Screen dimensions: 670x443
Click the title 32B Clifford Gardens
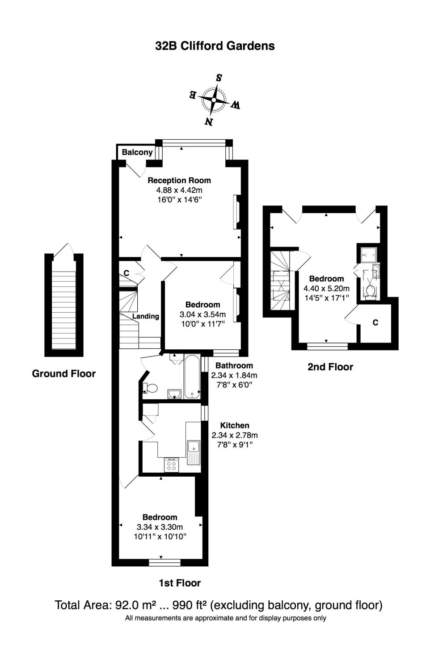click(x=215, y=46)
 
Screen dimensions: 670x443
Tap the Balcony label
click(x=137, y=152)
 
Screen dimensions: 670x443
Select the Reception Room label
click(x=179, y=180)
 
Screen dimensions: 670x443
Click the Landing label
click(x=146, y=316)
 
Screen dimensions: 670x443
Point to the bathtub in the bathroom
click(x=193, y=376)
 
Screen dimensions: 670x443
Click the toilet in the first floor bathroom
click(x=151, y=388)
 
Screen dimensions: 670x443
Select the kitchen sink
click(x=194, y=446)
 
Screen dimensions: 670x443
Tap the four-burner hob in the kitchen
click(x=171, y=465)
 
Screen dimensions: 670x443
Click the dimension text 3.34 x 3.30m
click(x=160, y=527)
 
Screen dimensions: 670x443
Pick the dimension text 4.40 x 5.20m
click(x=326, y=288)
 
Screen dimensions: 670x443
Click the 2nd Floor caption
click(x=330, y=367)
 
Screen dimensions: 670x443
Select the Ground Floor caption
click(x=64, y=373)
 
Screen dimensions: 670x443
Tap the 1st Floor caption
click(x=180, y=583)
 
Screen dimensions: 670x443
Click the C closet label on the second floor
click(x=375, y=322)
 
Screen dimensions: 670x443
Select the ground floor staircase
click(x=64, y=304)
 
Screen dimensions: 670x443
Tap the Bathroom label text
click(x=234, y=366)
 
